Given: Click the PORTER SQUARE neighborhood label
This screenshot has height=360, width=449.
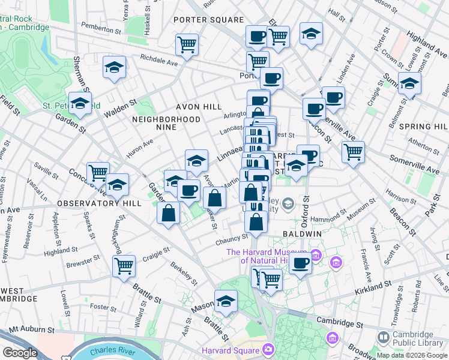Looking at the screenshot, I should coord(208,20).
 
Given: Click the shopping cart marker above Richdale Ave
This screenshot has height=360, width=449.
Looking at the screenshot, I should coord(187,44).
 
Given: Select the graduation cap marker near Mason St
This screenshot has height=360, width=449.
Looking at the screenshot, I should coord(226,301).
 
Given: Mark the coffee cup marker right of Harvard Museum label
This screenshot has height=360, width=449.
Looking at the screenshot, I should coord(300,262).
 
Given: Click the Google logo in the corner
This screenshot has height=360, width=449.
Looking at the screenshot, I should coord(20,353).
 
